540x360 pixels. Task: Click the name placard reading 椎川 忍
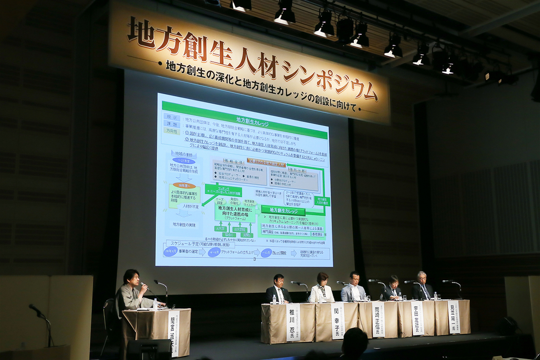pyautogui.click(x=292, y=322)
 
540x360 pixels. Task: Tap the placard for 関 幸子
pyautogui.click(x=337, y=321)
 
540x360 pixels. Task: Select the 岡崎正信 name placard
pyautogui.click(x=378, y=319)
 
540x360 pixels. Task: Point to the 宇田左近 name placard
pyautogui.click(x=417, y=318)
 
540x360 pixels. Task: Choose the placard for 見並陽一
pyautogui.click(x=453, y=317)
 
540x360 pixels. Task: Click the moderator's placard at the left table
pyautogui.click(x=174, y=332)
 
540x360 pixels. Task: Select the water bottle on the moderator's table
pyautogui.click(x=155, y=304)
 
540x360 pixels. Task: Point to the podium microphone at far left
pyautogui.click(x=36, y=309)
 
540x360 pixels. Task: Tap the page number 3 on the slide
pyautogui.click(x=255, y=259)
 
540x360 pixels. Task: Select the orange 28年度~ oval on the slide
pyautogui.click(x=184, y=185)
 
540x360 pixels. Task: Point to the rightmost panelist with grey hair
pyautogui.click(x=421, y=286)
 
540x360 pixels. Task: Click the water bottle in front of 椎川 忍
pyautogui.click(x=274, y=299)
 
